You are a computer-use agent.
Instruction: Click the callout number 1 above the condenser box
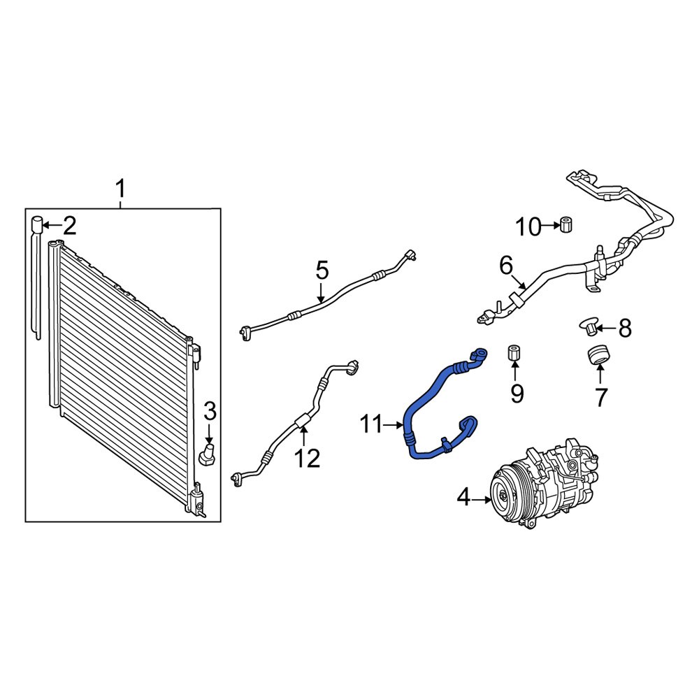click(120, 189)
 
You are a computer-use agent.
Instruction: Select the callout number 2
click(69, 225)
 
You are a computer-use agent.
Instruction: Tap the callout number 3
click(209, 410)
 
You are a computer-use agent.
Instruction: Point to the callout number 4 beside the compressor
click(464, 498)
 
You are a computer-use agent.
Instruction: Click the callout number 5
click(321, 269)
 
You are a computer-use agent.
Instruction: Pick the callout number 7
click(600, 396)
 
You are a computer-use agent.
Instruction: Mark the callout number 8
click(624, 326)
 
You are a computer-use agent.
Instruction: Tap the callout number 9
click(517, 394)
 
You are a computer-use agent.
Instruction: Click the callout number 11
click(371, 424)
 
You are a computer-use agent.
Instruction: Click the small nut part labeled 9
click(514, 351)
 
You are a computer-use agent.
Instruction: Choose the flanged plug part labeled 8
click(589, 324)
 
